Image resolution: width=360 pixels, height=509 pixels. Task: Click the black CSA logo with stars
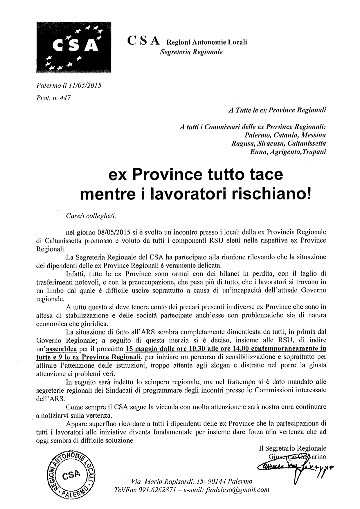74,47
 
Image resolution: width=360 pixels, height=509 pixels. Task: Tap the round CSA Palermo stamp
71,475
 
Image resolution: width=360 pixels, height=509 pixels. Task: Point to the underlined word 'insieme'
219,432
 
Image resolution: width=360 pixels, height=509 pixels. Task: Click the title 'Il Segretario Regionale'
292,448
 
